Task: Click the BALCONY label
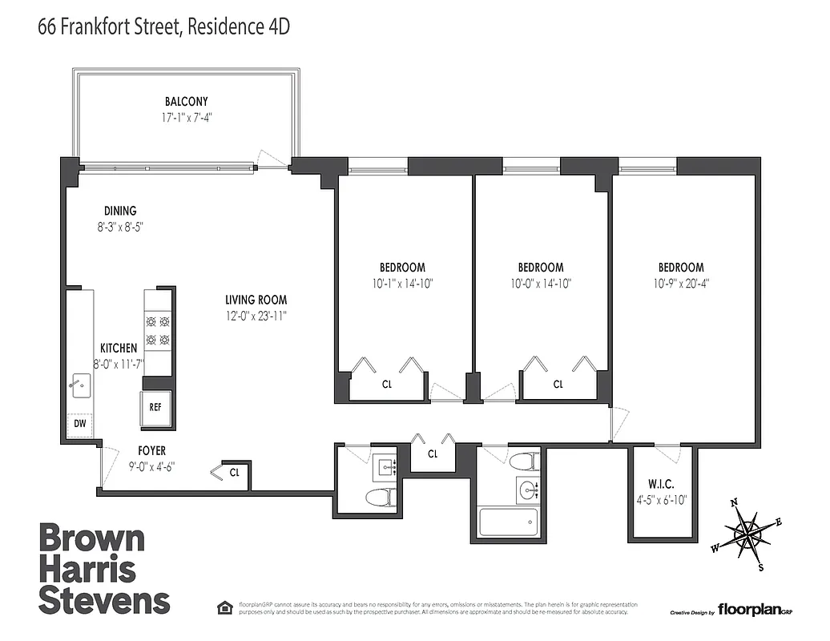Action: (186, 102)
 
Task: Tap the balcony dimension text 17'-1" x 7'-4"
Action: (186, 117)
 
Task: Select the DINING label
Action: (119, 212)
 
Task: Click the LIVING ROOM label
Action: (256, 300)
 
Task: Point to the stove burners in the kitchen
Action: (157, 331)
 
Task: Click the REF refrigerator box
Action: (155, 406)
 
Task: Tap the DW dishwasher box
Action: (80, 424)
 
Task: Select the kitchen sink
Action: (79, 385)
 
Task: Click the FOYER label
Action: (151, 451)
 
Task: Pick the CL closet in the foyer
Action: (234, 473)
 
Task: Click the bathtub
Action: (508, 523)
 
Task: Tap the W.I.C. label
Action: (661, 484)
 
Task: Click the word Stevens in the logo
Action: (104, 600)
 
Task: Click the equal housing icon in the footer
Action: (225, 607)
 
